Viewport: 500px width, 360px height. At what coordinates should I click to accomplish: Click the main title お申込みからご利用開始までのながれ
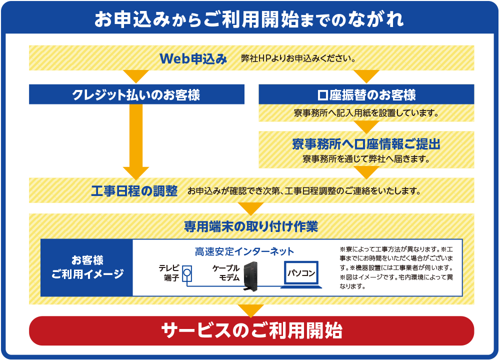click(x=249, y=19)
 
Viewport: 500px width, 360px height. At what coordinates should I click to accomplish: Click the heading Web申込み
click(x=193, y=58)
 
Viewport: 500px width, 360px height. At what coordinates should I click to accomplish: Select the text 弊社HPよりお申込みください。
click(x=298, y=58)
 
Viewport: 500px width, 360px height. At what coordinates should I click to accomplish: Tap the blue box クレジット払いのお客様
click(x=136, y=94)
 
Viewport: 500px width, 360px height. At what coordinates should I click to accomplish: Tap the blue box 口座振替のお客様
click(x=366, y=94)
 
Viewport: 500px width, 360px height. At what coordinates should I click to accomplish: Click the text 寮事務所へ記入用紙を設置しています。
click(x=366, y=113)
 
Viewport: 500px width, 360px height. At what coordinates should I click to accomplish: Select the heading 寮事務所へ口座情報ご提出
click(x=366, y=144)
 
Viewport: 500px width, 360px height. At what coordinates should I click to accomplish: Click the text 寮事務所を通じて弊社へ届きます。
click(x=366, y=159)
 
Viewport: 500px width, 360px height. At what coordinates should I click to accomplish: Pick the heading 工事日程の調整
click(x=134, y=190)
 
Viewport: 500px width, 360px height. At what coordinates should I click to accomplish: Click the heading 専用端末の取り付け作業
click(x=251, y=226)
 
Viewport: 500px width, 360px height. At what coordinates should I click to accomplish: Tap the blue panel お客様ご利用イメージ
click(x=86, y=267)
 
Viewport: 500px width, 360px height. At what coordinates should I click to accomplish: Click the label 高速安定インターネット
click(x=244, y=251)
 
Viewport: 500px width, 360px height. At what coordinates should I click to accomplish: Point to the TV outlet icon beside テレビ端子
click(x=187, y=273)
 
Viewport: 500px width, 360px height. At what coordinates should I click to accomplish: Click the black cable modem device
click(x=250, y=276)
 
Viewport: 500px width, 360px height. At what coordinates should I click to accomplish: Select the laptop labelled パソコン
click(x=301, y=275)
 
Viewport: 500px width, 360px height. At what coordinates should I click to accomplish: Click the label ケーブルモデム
click(x=226, y=273)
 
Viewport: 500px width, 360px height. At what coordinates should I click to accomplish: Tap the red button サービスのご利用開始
click(x=251, y=330)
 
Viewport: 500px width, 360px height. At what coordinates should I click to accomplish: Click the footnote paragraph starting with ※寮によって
click(x=396, y=267)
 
